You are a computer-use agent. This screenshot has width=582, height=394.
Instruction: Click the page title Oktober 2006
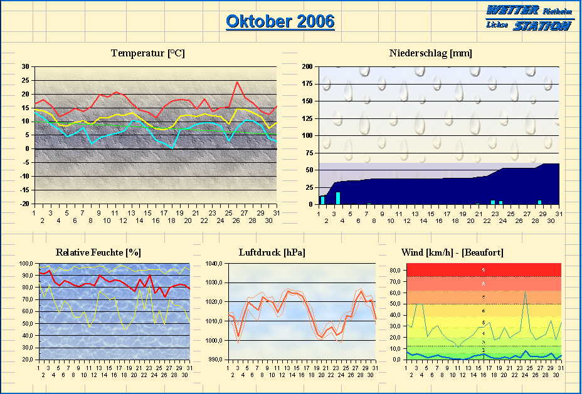click(280, 21)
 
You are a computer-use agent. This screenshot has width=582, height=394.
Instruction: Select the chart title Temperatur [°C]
click(148, 53)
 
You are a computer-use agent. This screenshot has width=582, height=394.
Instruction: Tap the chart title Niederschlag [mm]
click(430, 53)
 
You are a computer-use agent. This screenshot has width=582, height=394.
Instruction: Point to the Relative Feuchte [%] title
click(98, 252)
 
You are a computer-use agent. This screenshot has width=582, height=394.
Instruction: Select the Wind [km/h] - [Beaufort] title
click(452, 252)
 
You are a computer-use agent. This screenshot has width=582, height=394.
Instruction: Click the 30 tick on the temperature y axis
click(25, 66)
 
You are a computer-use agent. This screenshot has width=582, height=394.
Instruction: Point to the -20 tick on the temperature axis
click(24, 204)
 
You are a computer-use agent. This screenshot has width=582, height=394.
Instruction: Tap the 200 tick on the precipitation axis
click(307, 66)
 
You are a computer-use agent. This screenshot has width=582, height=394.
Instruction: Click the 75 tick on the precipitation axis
click(309, 153)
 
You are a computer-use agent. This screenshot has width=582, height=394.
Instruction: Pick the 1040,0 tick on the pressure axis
click(214, 264)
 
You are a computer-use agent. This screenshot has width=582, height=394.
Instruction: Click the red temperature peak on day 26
click(237, 81)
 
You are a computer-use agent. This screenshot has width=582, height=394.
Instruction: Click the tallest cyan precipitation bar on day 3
click(338, 198)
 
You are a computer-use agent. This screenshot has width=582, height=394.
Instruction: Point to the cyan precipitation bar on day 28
click(539, 202)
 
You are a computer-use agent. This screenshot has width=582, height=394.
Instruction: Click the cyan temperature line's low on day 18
click(172, 147)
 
